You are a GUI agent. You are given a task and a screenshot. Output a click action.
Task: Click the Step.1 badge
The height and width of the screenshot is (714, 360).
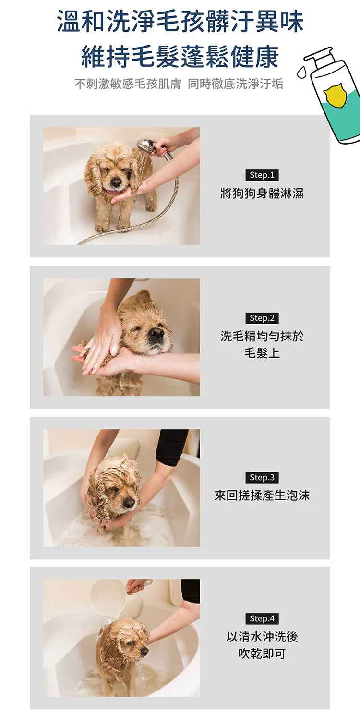pyautogui.click(x=262, y=175)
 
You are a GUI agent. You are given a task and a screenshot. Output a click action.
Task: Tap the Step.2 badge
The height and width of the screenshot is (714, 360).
pyautogui.click(x=262, y=318)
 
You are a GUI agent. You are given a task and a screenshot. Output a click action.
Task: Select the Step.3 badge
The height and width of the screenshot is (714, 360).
pyautogui.click(x=262, y=477)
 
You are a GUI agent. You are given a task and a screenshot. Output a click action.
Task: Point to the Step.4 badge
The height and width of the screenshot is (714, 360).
pyautogui.click(x=262, y=619)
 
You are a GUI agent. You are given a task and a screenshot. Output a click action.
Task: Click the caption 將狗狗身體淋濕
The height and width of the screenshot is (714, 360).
pyautogui.click(x=262, y=193)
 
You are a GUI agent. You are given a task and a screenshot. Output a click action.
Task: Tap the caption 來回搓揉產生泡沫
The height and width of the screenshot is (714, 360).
pyautogui.click(x=262, y=496)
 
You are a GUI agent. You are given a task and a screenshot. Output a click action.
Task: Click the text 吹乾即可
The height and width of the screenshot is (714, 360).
pyautogui.click(x=262, y=653)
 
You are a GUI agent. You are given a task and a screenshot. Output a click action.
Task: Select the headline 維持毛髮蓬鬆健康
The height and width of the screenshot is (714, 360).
pyautogui.click(x=180, y=57)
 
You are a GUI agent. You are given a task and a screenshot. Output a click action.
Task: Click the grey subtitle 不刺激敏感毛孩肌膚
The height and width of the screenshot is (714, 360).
pyautogui.click(x=128, y=84)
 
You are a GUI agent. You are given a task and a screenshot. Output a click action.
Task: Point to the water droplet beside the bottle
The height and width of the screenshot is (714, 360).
pyautogui.click(x=302, y=73)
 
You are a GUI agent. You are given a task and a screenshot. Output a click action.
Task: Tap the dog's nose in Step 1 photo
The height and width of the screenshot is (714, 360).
pyautogui.click(x=116, y=182)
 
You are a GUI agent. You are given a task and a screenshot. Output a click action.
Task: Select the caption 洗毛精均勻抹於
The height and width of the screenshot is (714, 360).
pyautogui.click(x=262, y=336)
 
